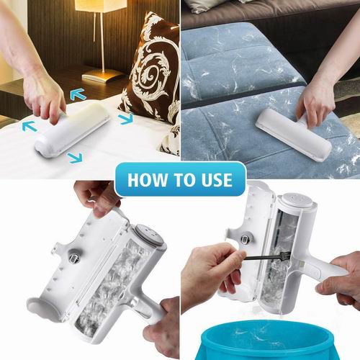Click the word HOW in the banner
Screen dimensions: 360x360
[x=148, y=179]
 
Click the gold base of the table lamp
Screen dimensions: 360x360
[x=102, y=76]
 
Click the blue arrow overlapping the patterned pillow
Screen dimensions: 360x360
[x=125, y=118]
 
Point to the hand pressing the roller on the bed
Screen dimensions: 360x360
[x=45, y=96]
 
